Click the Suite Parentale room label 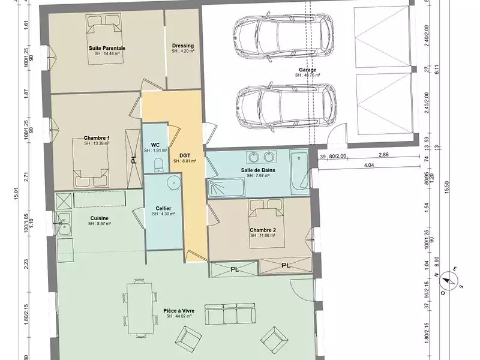(107, 47)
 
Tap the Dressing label (182, 46)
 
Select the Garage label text (308, 70)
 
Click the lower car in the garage (281, 109)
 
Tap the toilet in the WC (158, 164)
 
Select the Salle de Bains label (258, 170)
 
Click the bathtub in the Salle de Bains (298, 175)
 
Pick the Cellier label (163, 208)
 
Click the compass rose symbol (449, 280)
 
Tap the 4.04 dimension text (369, 165)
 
